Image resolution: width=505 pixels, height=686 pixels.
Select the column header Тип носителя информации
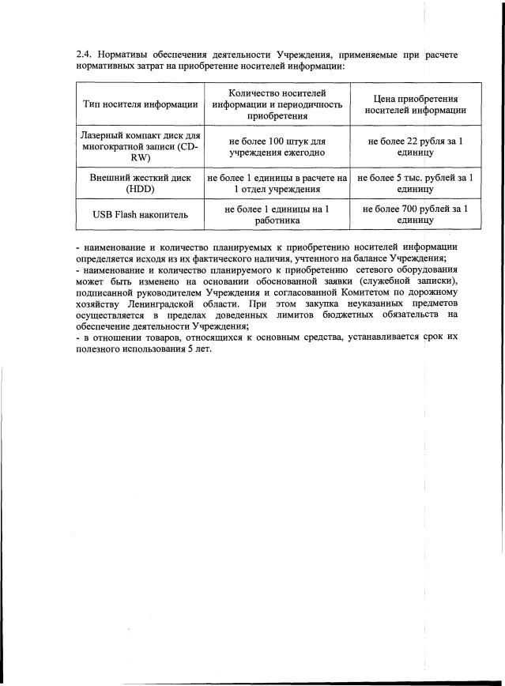pyautogui.click(x=140, y=104)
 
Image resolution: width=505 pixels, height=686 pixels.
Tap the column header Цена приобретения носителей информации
pyautogui.click(x=415, y=104)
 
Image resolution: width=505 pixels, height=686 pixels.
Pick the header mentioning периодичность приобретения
pyautogui.click(x=276, y=104)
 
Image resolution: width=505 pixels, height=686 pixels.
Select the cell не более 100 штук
pyautogui.click(x=276, y=146)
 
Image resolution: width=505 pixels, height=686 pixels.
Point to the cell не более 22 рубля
pyautogui.click(x=415, y=146)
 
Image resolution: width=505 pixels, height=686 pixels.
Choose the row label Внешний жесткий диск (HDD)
pyautogui.click(x=140, y=184)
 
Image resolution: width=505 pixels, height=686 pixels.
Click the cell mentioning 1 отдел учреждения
pyautogui.click(x=276, y=190)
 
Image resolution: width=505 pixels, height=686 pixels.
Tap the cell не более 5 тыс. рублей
pyautogui.click(x=415, y=184)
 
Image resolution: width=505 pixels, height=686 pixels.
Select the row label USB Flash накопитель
pyautogui.click(x=140, y=216)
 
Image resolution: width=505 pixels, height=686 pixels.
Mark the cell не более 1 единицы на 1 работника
pyautogui.click(x=276, y=216)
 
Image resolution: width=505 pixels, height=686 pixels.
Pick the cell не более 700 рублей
pyautogui.click(x=415, y=216)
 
